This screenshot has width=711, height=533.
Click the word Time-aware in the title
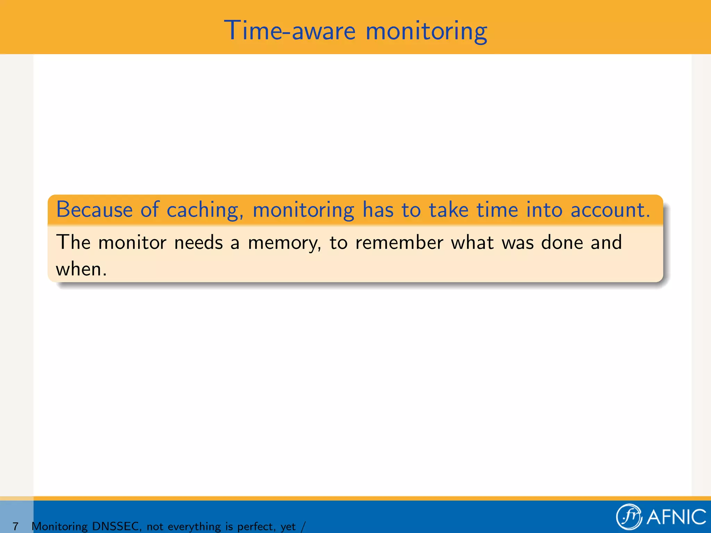coord(290,31)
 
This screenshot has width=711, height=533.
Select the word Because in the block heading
coord(94,210)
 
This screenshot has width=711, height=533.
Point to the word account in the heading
coord(610,210)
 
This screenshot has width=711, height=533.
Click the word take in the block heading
coord(449,210)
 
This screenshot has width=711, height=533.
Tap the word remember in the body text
coord(399,242)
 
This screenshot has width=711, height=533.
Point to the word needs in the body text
coord(198,242)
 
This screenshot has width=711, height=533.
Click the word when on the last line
coord(81,269)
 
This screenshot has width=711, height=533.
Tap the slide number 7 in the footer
coord(16,526)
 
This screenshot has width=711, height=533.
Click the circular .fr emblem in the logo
coord(629,517)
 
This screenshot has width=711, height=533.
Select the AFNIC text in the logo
coord(676,517)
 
